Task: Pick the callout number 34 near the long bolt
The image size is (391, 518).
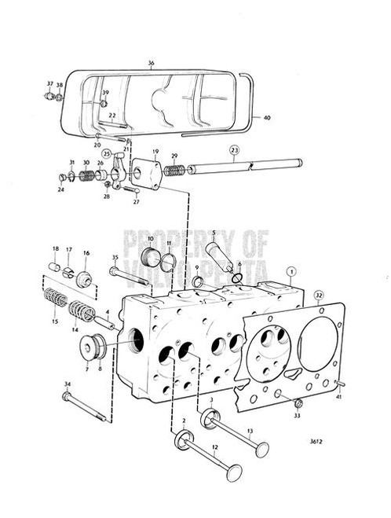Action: coord(67,384)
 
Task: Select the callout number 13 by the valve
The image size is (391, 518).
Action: coord(250,432)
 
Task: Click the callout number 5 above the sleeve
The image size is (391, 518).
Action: coord(213,233)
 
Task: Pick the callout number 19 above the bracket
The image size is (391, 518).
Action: coord(156,152)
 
